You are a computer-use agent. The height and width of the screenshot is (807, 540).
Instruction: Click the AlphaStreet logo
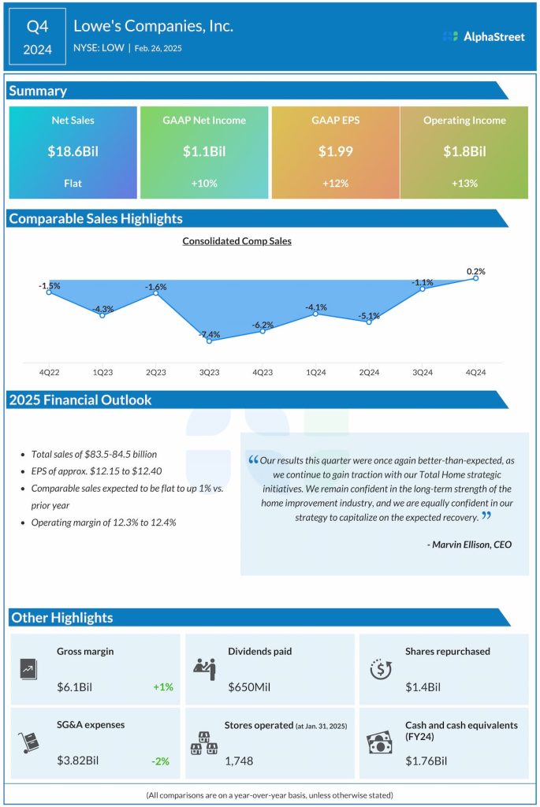(483, 36)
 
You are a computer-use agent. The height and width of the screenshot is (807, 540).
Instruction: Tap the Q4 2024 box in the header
(38, 37)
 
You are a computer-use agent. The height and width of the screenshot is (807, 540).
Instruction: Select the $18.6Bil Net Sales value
(73, 151)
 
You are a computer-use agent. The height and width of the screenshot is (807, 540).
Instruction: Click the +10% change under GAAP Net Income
(204, 183)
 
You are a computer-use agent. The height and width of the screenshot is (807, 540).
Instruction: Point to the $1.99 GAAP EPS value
(335, 151)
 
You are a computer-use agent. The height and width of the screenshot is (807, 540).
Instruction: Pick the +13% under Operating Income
(464, 183)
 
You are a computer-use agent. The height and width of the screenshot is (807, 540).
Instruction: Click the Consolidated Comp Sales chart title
(236, 241)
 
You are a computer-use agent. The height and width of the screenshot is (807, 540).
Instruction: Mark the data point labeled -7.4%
(208, 340)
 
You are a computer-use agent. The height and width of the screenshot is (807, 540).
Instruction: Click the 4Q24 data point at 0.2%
(476, 278)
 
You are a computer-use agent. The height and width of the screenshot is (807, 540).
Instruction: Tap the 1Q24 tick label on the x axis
(315, 372)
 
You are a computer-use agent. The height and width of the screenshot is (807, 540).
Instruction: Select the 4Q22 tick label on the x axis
(49, 372)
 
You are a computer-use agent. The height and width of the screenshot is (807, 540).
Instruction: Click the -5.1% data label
(369, 316)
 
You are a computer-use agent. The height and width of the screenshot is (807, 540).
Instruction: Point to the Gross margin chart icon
(29, 669)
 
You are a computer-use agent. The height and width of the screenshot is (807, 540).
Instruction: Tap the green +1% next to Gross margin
(163, 686)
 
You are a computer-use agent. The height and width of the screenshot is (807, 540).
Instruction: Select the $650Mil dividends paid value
(249, 686)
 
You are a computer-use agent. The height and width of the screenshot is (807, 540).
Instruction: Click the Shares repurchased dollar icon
(382, 669)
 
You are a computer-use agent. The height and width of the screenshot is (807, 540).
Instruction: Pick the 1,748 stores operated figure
(240, 760)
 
